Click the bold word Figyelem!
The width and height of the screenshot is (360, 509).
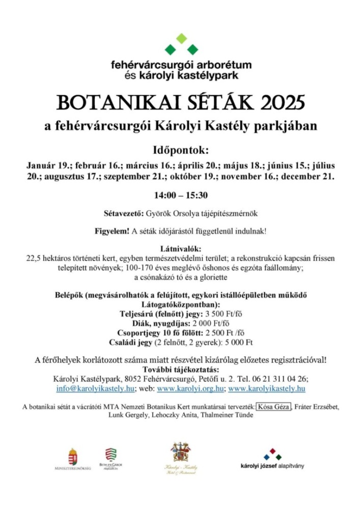pyautogui.click(x=112, y=231)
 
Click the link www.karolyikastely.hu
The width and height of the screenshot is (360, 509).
pyautogui.click(x=267, y=388)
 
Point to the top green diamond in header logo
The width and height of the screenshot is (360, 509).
pyautogui.click(x=181, y=38)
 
